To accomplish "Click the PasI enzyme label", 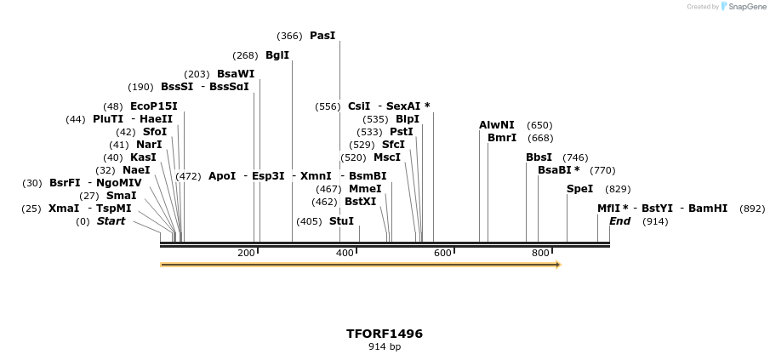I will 322,36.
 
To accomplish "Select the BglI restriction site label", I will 277,55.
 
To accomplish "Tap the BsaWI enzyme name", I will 236,74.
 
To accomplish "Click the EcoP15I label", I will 154,106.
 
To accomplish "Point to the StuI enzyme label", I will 341,221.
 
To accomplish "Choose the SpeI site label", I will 579,189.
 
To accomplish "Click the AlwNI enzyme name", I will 497,125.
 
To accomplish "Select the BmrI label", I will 502,138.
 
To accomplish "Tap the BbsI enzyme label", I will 539,157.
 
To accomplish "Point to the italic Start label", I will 111,221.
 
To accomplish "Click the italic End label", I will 620,221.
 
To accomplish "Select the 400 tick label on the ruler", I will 345,253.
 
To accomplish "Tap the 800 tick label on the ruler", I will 540,253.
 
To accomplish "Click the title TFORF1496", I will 385,334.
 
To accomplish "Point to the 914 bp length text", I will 385,347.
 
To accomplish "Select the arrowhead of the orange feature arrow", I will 557,265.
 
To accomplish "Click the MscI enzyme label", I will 387,157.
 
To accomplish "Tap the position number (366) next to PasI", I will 289,36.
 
